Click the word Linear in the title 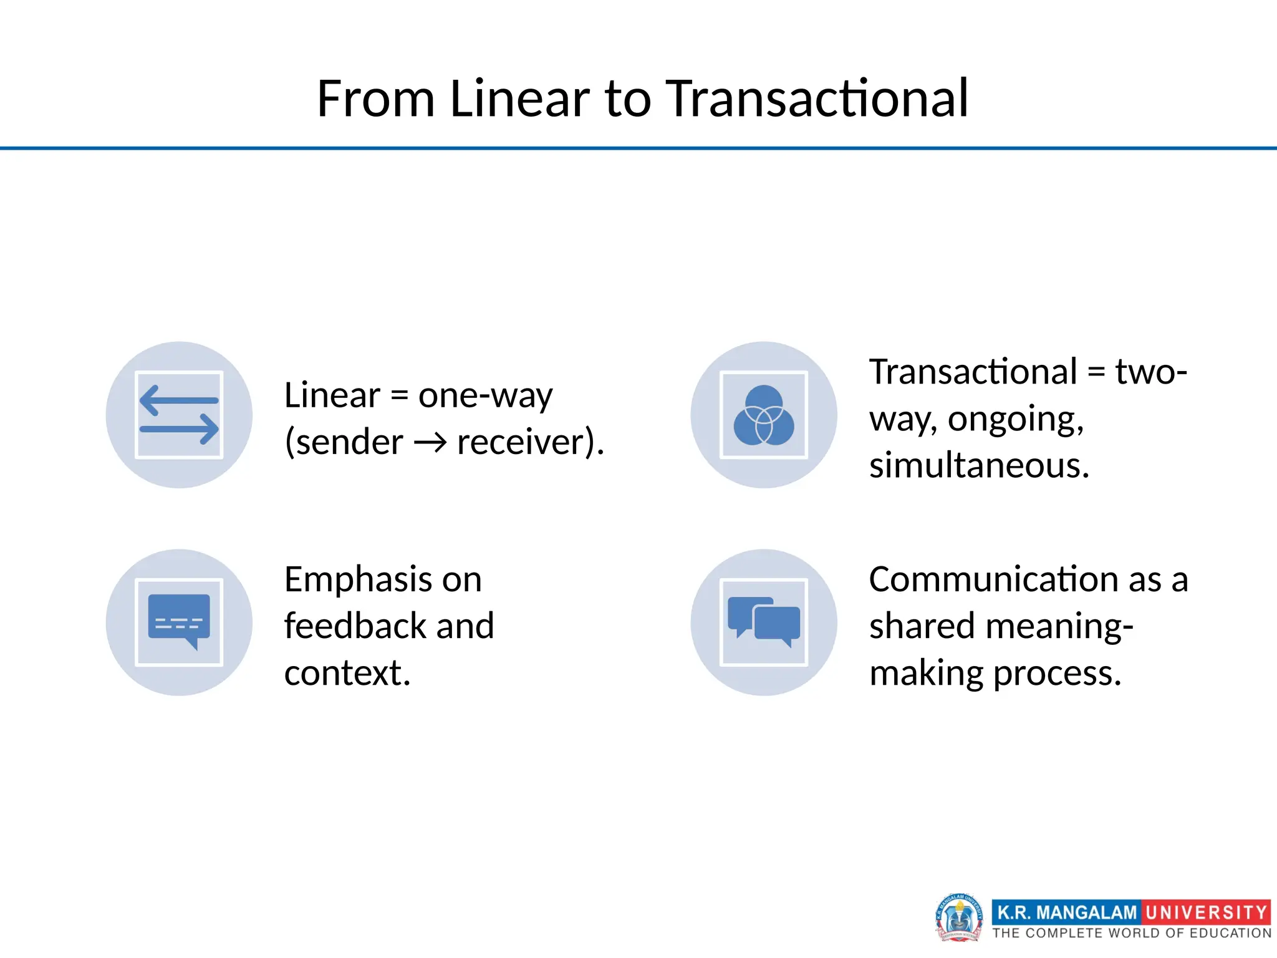tap(519, 99)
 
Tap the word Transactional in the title tap(817, 99)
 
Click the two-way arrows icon tap(179, 415)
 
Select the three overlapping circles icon tap(764, 415)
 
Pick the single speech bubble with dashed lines tap(179, 621)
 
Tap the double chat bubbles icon tap(764, 621)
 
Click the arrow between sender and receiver tap(430, 443)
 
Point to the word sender tap(349, 443)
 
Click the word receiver tap(522, 443)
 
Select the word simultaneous tap(979, 466)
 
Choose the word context tap(347, 673)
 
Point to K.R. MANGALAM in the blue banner tap(1067, 912)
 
